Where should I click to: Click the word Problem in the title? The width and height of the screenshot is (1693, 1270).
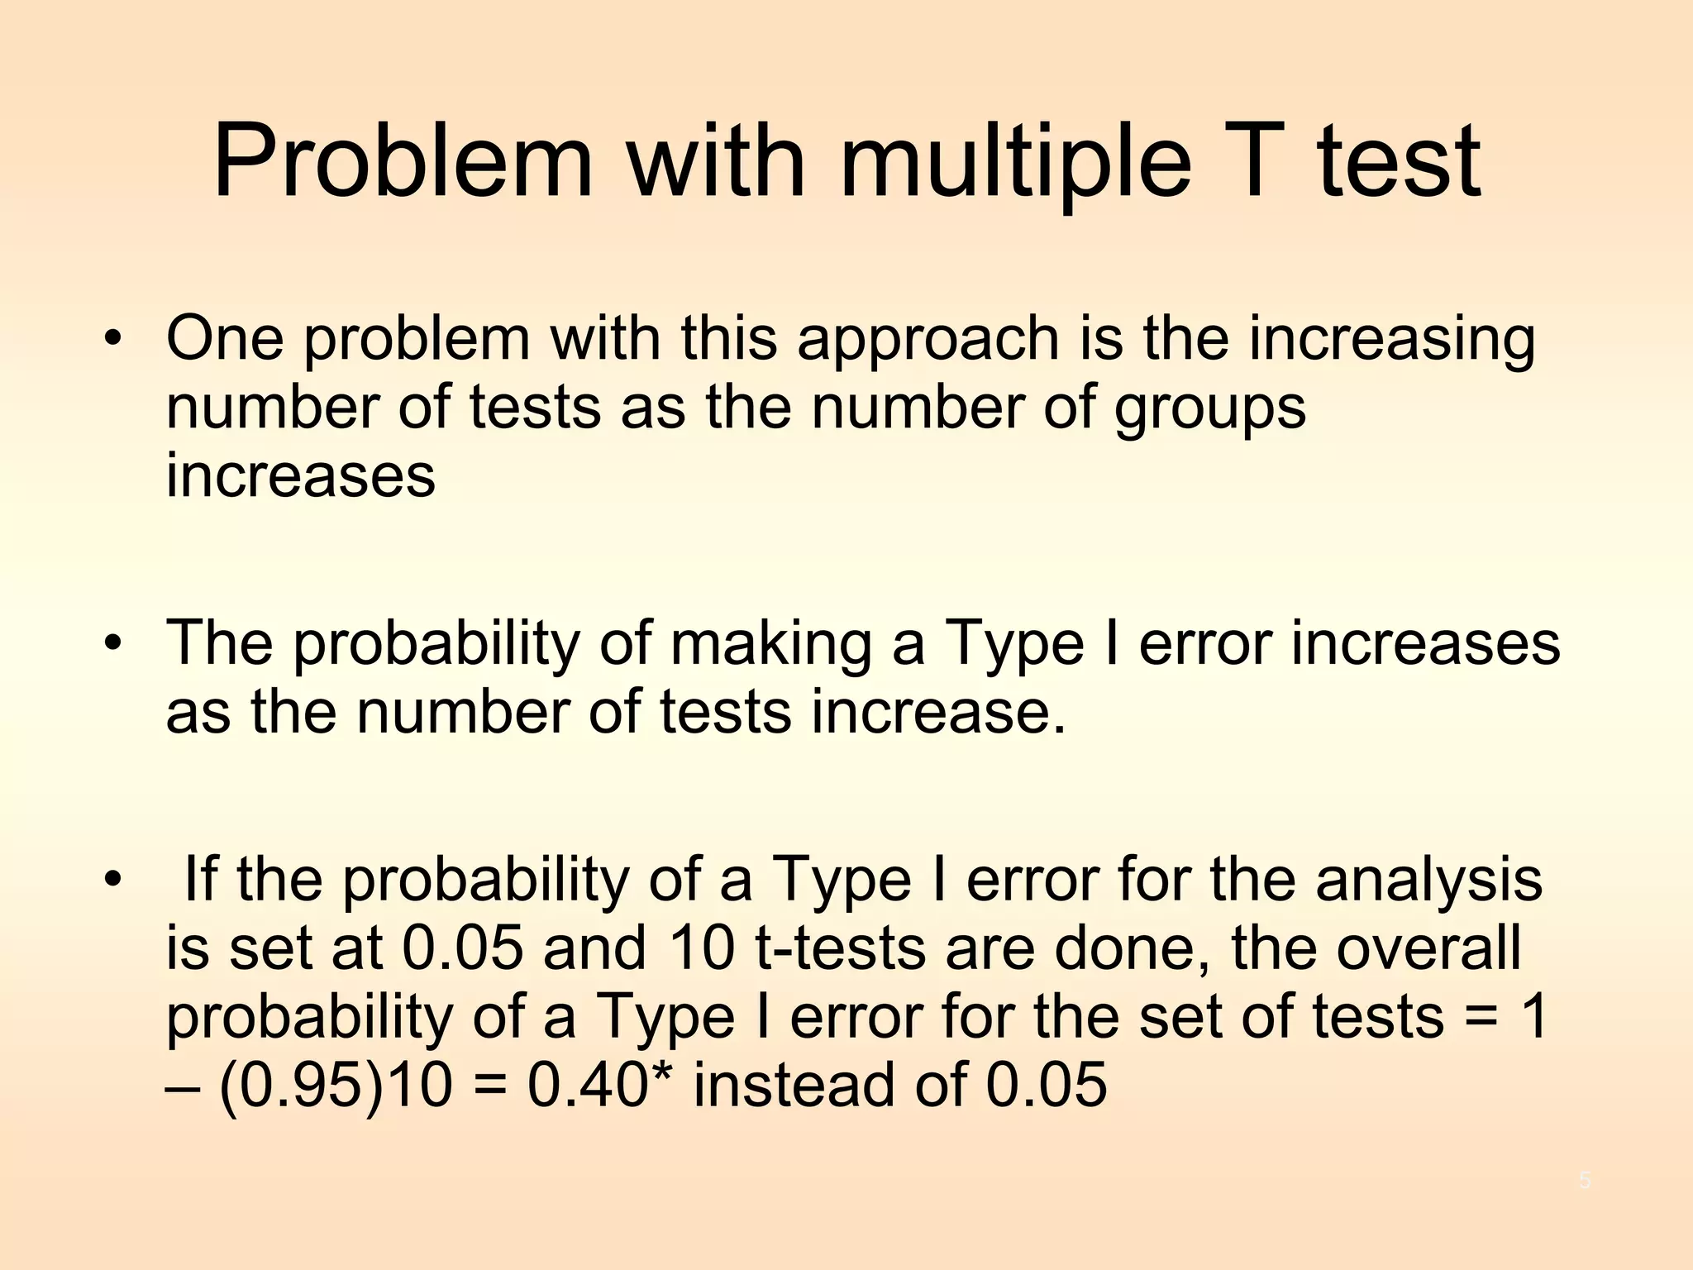click(403, 161)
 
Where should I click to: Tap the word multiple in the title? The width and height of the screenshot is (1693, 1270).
click(1015, 161)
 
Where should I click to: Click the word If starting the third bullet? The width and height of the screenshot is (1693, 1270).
click(201, 879)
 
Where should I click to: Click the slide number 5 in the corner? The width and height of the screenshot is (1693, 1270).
click(1585, 1181)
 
